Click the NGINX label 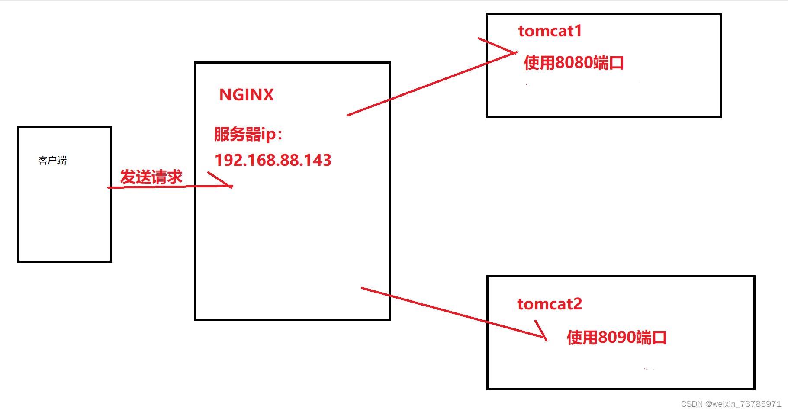246,95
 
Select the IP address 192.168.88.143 273,161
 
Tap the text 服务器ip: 248,134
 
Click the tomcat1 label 550,31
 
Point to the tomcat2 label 549,304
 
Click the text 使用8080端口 573,63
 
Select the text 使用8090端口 616,338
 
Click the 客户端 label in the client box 52,161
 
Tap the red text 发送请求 151,177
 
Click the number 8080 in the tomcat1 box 574,63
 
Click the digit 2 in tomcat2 577,304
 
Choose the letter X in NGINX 268,95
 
